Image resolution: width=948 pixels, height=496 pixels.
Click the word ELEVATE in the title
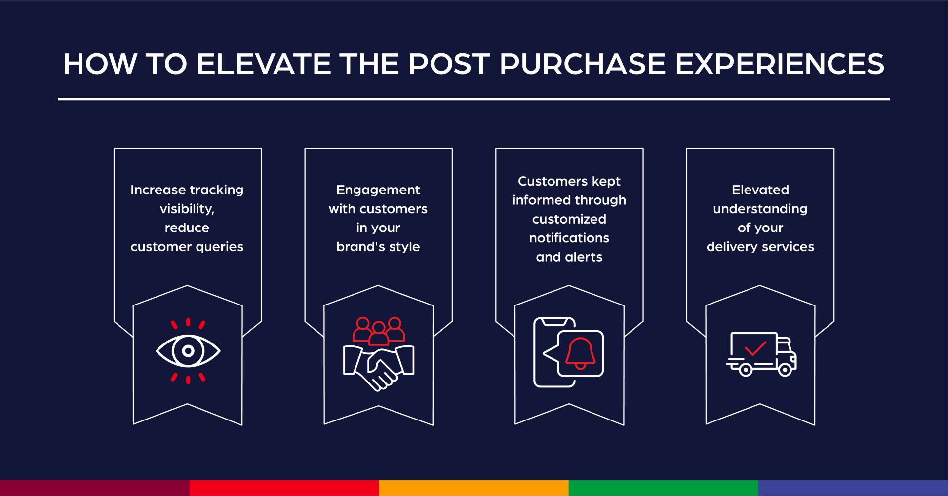[264, 64]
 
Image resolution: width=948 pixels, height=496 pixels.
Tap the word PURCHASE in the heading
[583, 64]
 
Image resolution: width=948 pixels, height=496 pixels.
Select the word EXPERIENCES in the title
[780, 64]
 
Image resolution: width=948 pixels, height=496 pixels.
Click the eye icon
[188, 351]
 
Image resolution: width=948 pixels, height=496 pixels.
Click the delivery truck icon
[760, 354]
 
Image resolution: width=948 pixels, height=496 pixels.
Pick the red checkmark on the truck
[755, 348]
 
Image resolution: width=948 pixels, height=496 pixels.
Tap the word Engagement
[378, 190]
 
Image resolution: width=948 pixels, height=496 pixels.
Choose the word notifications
[569, 238]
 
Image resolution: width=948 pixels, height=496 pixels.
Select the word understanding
[760, 209]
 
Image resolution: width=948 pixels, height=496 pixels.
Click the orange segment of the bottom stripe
[474, 488]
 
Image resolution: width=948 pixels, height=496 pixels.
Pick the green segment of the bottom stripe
[663, 488]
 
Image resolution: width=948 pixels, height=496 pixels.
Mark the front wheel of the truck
[784, 370]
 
